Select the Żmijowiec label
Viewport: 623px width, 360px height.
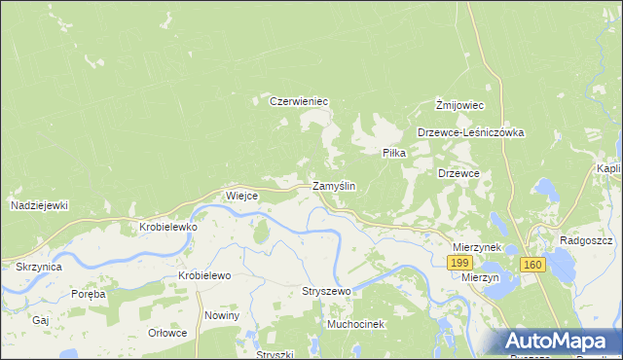tap(460, 104)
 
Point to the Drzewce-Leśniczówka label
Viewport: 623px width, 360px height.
tap(471, 132)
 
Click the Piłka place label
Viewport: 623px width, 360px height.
tap(393, 153)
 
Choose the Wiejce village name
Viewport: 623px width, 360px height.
tap(241, 195)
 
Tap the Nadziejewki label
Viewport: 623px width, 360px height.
tap(39, 205)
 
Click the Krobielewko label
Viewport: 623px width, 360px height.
tap(168, 227)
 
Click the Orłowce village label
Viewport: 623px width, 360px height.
tap(166, 332)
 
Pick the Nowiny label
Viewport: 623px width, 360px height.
tap(222, 315)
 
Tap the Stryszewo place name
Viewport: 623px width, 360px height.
tap(326, 291)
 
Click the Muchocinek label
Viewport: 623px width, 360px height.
tap(356, 323)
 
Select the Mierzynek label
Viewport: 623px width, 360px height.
tap(477, 247)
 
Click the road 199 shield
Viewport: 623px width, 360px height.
tap(459, 264)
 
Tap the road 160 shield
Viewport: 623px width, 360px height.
tap(531, 264)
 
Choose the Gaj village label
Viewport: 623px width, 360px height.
tap(40, 319)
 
